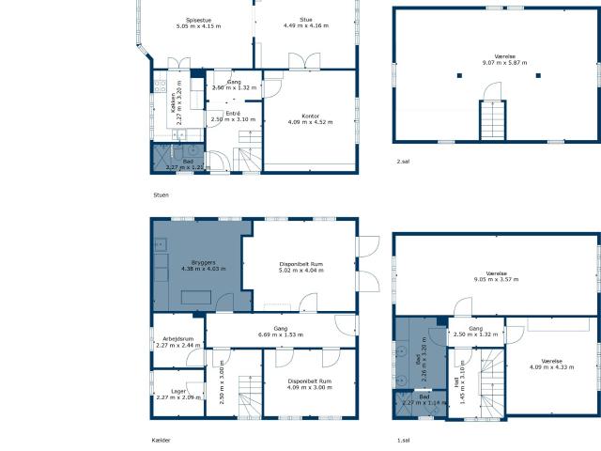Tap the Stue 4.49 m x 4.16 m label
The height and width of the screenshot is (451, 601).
306,23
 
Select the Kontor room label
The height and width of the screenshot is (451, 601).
310,118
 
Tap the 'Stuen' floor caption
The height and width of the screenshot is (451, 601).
161,194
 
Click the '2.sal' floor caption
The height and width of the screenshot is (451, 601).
403,162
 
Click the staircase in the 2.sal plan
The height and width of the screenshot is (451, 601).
493,120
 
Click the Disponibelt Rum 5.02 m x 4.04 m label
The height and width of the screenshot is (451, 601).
302,267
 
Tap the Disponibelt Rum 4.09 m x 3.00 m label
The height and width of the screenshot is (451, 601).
310,410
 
